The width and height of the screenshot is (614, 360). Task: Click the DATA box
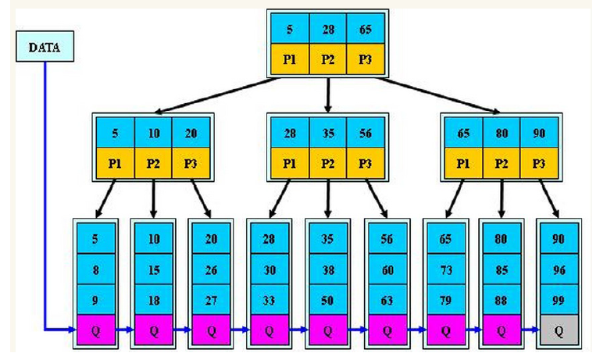[x=45, y=48]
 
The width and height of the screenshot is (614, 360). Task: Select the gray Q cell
[x=559, y=330]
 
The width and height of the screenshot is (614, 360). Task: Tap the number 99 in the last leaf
[x=559, y=300]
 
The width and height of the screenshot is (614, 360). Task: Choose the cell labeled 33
[x=269, y=300]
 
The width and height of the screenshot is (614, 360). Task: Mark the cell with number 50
[x=327, y=300]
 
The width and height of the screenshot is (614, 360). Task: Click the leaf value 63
[x=385, y=300]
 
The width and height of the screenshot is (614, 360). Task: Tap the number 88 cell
[x=501, y=300]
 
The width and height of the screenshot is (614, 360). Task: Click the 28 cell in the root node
[x=327, y=28]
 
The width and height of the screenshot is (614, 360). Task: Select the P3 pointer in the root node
[x=365, y=60]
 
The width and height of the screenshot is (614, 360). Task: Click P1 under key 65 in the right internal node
[x=463, y=165]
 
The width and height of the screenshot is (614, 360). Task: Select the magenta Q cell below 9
[x=95, y=330]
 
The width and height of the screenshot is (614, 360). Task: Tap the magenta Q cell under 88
[x=501, y=330]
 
